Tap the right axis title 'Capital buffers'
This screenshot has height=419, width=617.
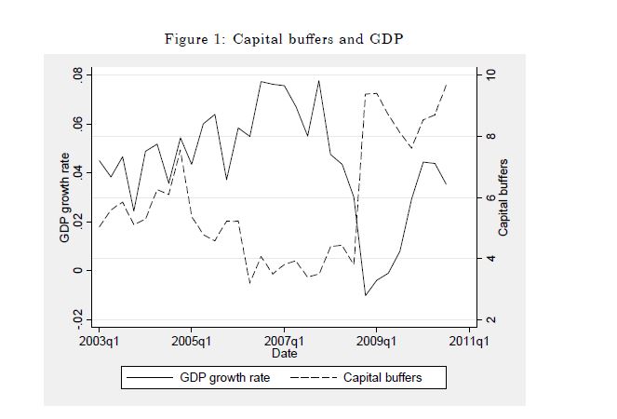point(503,198)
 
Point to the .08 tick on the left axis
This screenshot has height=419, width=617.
point(79,74)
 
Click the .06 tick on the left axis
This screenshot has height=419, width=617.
point(79,124)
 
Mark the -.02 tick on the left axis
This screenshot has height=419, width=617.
point(79,318)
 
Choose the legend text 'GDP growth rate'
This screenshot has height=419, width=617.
point(225,378)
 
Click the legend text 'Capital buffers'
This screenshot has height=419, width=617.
point(382,378)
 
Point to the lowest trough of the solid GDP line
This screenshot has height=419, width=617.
point(366,295)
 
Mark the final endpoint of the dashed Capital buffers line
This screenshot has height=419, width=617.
point(447,83)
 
